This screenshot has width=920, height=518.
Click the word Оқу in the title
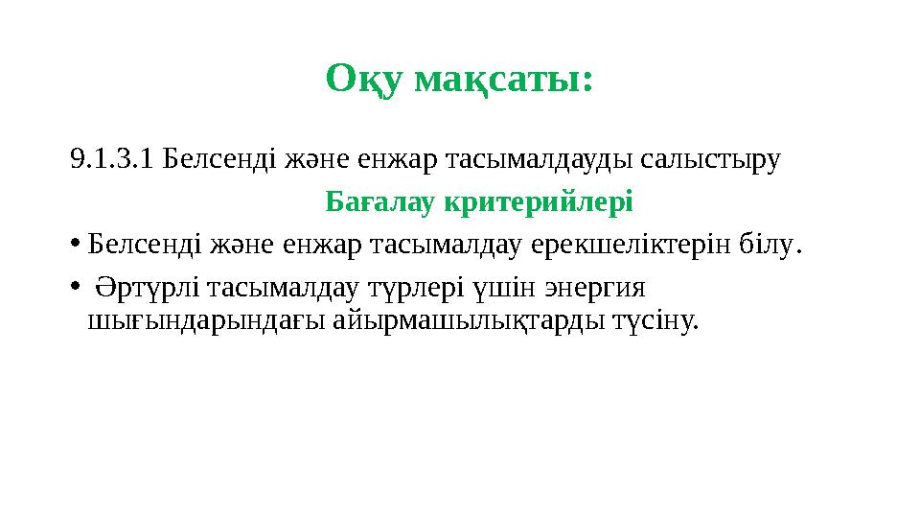364,79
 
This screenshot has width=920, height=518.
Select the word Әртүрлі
149,288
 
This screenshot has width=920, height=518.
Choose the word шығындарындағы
206,318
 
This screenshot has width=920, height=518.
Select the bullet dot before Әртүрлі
76,288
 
